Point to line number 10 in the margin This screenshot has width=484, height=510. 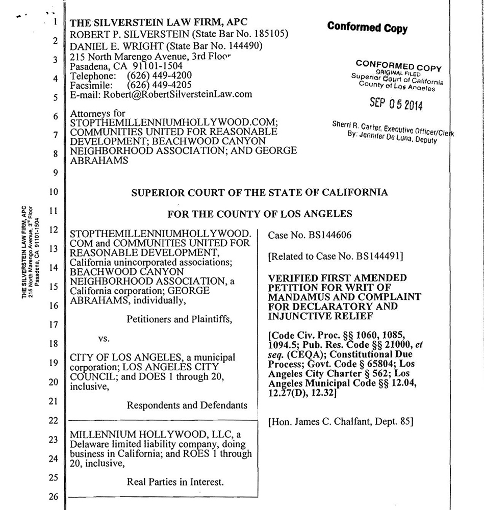tap(55, 193)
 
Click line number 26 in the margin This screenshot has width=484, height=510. tap(55, 496)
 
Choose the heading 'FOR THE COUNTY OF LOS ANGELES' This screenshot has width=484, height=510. tap(260, 214)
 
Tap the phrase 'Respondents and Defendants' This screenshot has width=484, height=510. tap(187, 405)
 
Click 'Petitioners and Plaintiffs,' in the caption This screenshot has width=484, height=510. tap(179, 320)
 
